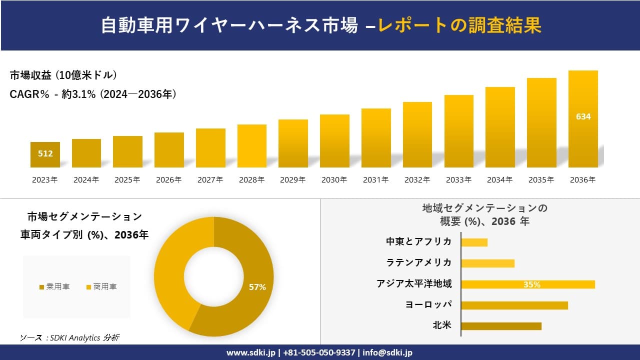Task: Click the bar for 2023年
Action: click(x=45, y=155)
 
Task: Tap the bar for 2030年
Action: click(x=334, y=141)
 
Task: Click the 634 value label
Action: click(x=583, y=116)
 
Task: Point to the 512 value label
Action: click(x=45, y=153)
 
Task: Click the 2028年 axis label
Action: click(x=251, y=180)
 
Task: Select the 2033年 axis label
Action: click(x=458, y=180)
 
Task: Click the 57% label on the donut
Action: click(x=257, y=287)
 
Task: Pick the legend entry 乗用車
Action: click(x=54, y=287)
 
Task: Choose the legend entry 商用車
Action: click(x=102, y=287)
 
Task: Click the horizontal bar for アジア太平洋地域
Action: click(x=527, y=284)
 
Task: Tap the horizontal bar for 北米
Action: click(x=501, y=326)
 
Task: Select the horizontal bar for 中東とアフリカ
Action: click(x=474, y=242)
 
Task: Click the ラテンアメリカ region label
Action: click(x=418, y=262)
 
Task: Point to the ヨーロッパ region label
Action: click(x=428, y=304)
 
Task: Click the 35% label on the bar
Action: click(x=531, y=284)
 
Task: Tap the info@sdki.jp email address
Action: click(x=388, y=352)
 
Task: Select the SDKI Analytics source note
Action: click(x=69, y=338)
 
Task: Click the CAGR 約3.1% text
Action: click(x=93, y=94)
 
